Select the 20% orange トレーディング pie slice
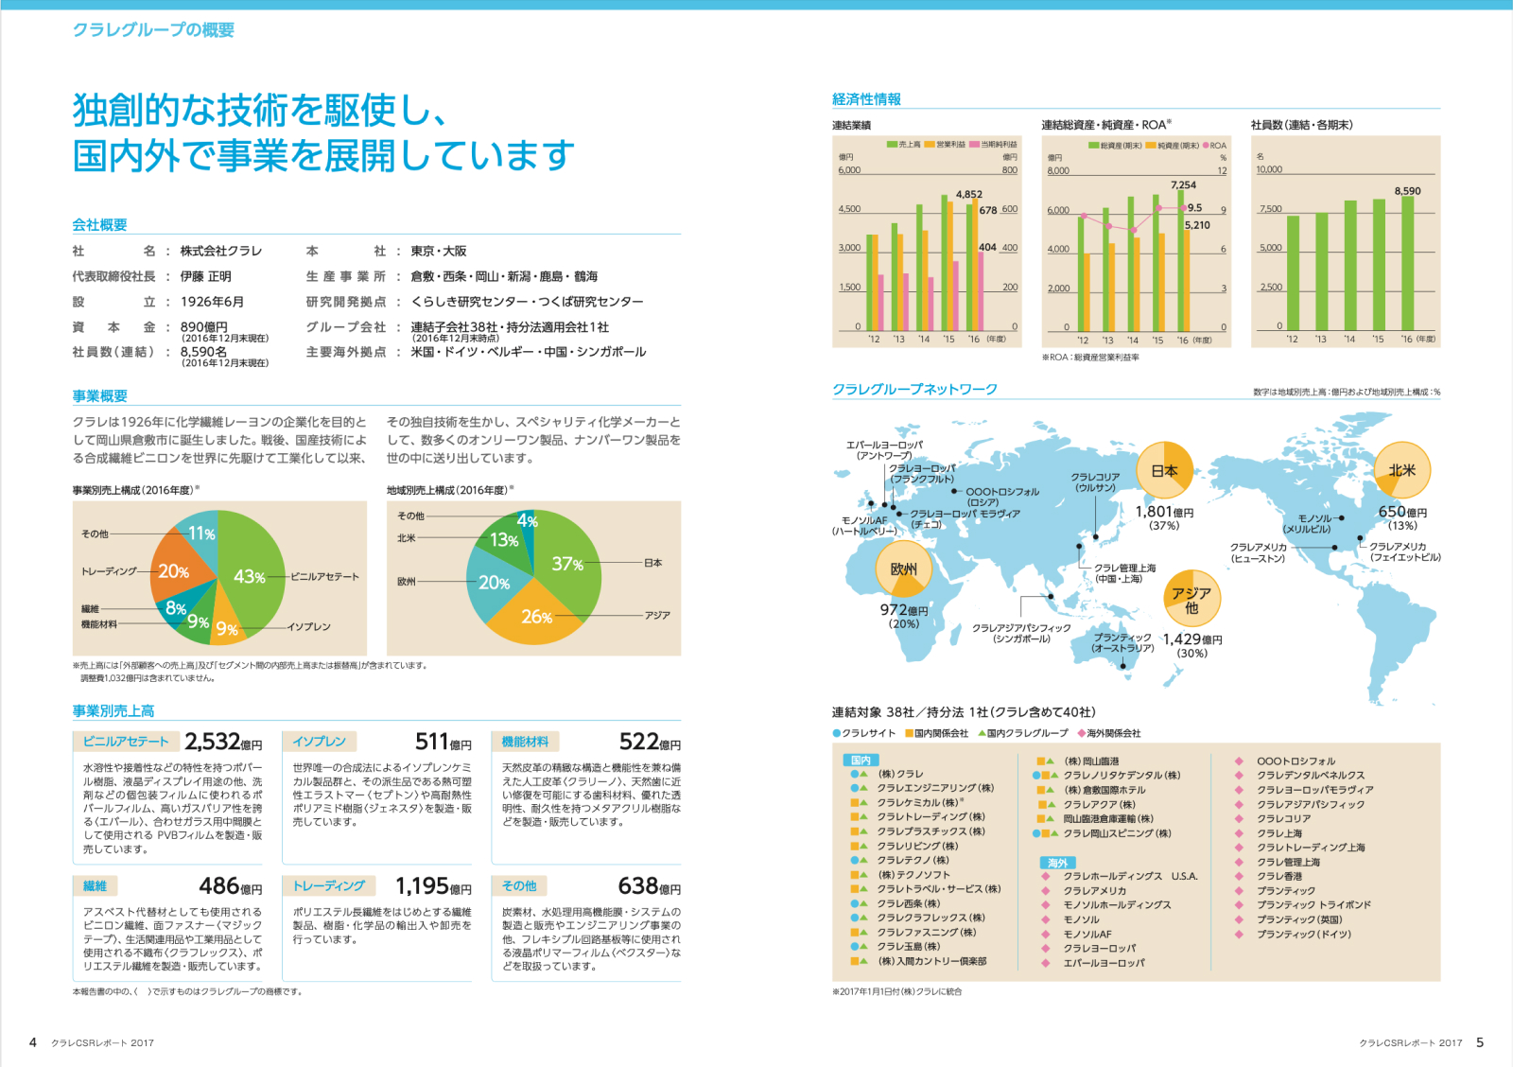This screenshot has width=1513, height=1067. click(x=174, y=570)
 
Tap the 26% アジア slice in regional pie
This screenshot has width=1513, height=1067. click(x=536, y=616)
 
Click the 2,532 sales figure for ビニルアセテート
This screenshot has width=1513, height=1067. click(x=214, y=742)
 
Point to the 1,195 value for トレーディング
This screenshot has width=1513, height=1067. click(x=422, y=886)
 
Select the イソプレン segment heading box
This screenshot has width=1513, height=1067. click(x=320, y=742)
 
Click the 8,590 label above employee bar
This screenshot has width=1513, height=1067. click(x=1407, y=191)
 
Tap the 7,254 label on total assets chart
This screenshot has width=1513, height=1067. click(x=1183, y=185)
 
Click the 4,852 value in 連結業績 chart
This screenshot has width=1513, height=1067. click(x=969, y=195)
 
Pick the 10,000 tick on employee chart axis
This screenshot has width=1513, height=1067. click(x=1269, y=169)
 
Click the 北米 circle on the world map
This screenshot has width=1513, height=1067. click(x=1401, y=470)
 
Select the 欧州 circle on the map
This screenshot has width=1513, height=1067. click(x=903, y=568)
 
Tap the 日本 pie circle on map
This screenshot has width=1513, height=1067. click(x=1165, y=470)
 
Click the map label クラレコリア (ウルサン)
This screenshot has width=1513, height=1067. click(x=1095, y=482)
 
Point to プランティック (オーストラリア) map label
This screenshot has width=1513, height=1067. click(x=1122, y=642)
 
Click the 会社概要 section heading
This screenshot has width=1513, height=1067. click(x=99, y=225)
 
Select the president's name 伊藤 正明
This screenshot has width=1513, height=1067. click(x=205, y=276)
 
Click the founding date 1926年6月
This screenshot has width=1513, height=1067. click(x=212, y=302)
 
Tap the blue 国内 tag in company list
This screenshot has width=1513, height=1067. click(x=861, y=760)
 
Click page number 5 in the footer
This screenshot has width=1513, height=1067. click(x=1480, y=1042)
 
